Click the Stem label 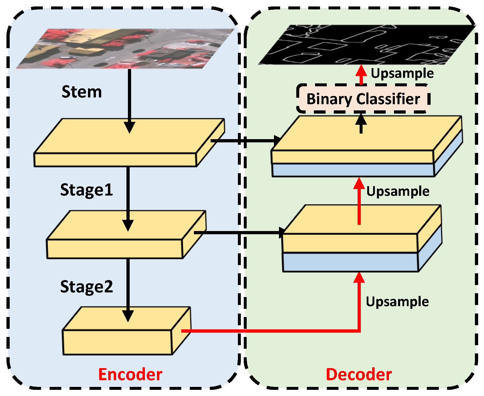point(82,92)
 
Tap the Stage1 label point(86,190)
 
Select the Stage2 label point(86,287)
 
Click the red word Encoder point(130,374)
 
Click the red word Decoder point(359,374)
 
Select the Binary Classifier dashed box point(363,99)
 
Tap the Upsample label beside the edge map point(402,73)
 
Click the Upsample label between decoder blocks point(398,191)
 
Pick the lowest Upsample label point(397,301)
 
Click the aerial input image point(126,48)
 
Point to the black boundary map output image point(367,45)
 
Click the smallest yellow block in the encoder point(117,342)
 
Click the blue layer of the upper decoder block point(352,170)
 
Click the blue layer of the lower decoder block point(349,262)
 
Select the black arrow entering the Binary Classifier point(361,123)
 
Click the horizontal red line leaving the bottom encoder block point(264,331)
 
